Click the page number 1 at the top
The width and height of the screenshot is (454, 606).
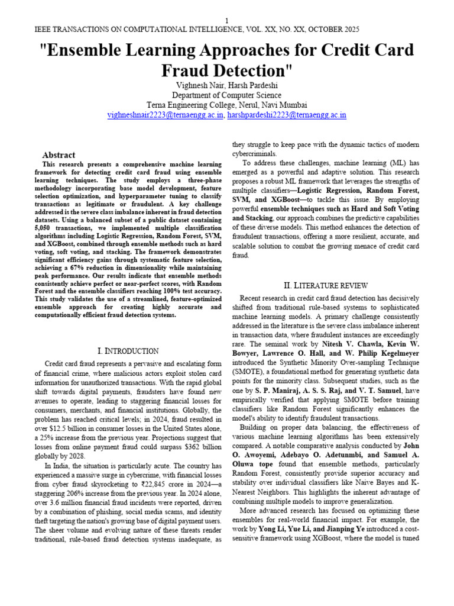click(226, 20)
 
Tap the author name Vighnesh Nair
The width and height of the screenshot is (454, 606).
click(206, 86)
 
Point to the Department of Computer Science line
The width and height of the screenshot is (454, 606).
click(226, 95)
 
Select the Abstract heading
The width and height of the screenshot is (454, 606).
click(59, 154)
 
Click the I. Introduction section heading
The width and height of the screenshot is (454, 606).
click(127, 351)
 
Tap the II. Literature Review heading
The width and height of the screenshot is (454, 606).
click(326, 285)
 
